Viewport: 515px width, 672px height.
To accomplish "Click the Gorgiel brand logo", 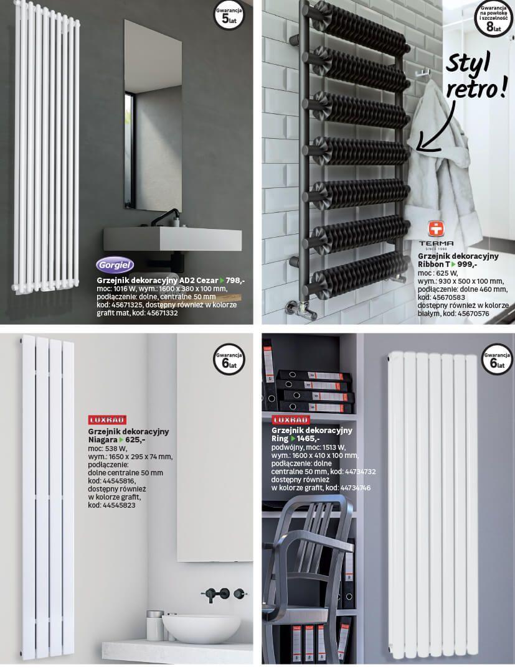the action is tap(115, 265).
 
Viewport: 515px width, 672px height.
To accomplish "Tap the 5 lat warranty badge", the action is tap(229, 16).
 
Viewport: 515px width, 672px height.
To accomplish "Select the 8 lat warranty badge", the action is tap(494, 19).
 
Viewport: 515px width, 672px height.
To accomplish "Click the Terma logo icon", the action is tap(436, 229).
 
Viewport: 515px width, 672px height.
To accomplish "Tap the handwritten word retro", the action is tap(476, 90).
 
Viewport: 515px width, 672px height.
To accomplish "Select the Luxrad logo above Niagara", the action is tap(107, 420).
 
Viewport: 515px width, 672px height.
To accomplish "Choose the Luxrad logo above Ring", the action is tap(291, 419).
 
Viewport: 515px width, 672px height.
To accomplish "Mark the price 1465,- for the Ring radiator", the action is tap(305, 439).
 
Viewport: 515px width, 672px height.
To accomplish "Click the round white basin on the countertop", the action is tap(201, 628).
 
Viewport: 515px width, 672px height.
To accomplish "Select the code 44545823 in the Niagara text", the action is tap(119, 505).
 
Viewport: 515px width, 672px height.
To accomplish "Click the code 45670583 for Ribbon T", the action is tap(448, 297).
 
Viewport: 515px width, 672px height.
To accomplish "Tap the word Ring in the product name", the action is tap(280, 439).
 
